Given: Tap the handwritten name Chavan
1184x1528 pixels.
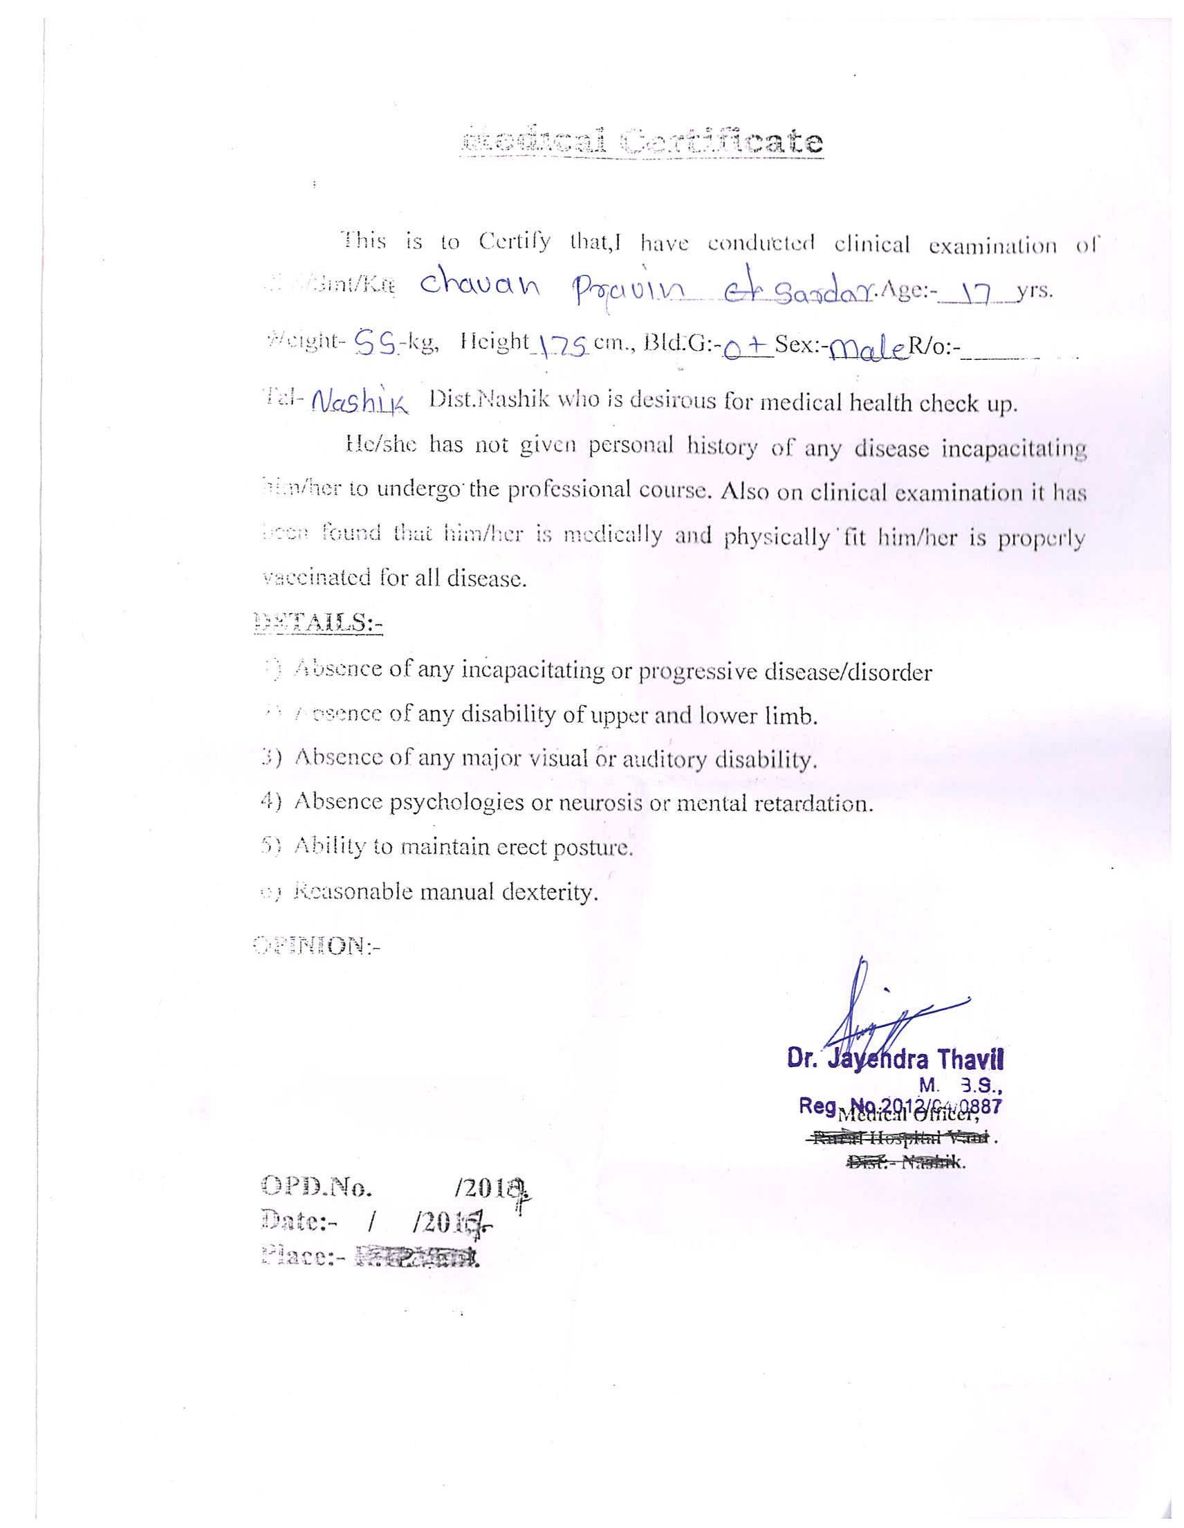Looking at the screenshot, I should (x=478, y=288).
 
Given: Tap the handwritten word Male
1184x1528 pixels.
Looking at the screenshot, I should (x=868, y=345).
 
